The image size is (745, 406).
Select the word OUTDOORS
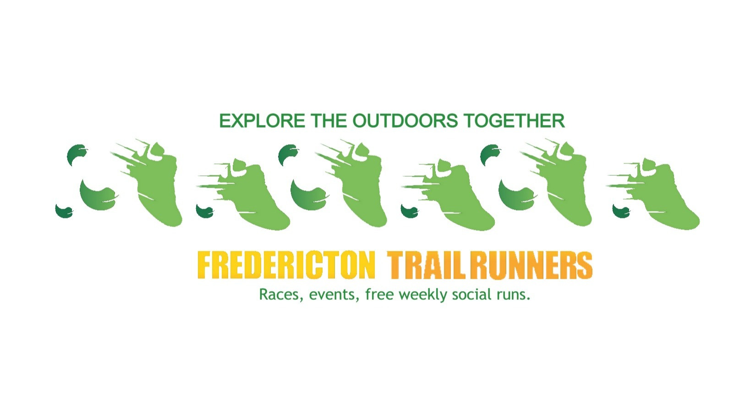[x=405, y=121]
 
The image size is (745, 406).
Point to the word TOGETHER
[x=514, y=121]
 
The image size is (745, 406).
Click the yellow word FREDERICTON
[x=286, y=265]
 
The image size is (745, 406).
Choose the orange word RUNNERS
[x=531, y=265]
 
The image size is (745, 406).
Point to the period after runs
[x=528, y=298]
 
